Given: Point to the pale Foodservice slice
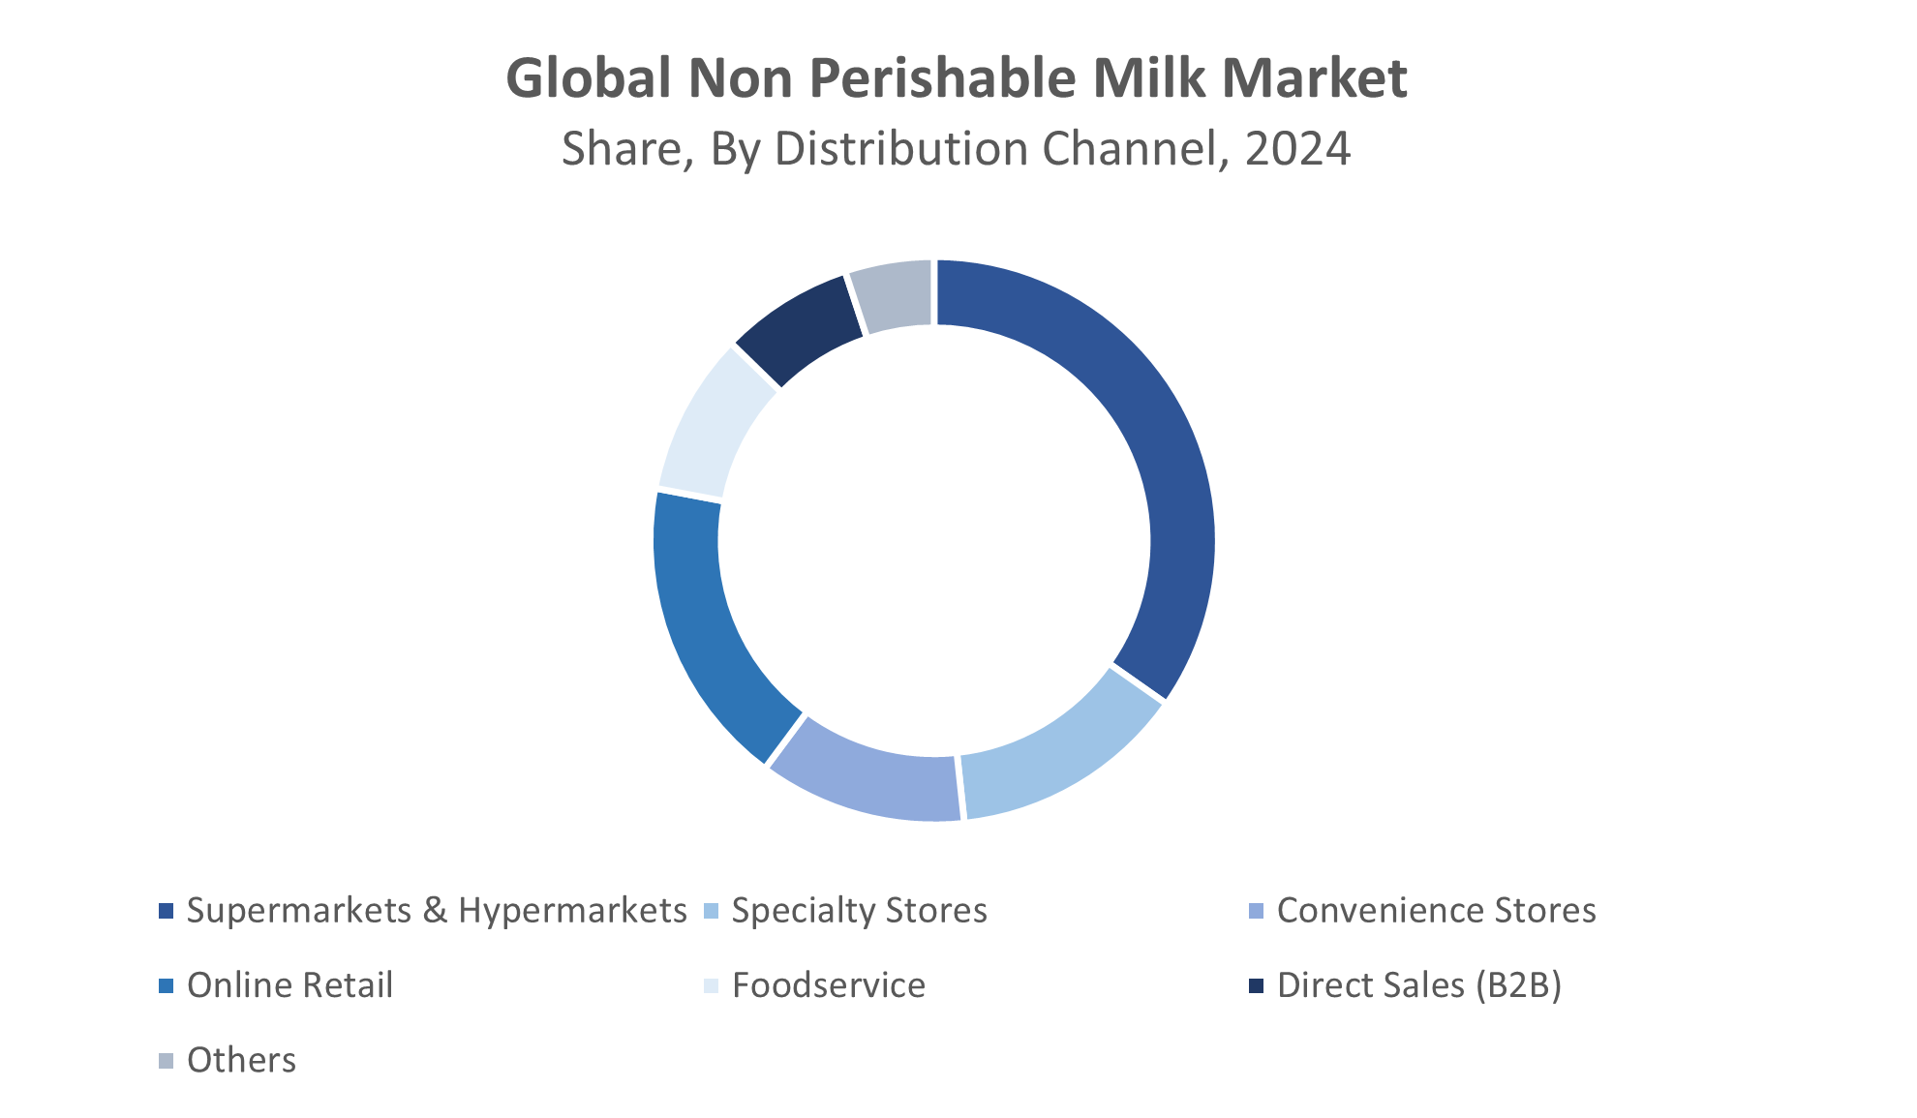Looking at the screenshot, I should point(712,426).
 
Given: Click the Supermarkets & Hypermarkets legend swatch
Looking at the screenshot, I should point(167,911).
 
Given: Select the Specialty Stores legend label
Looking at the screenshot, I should point(859,911).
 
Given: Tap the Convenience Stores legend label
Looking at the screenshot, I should point(1436,911).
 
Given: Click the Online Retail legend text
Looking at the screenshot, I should point(289,985).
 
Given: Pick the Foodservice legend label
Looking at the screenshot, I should point(829,985).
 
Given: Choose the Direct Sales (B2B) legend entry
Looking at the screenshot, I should point(1418,985).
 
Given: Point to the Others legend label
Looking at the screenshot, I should point(241,1060).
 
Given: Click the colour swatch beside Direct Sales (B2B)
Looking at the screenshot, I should point(1257,985).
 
